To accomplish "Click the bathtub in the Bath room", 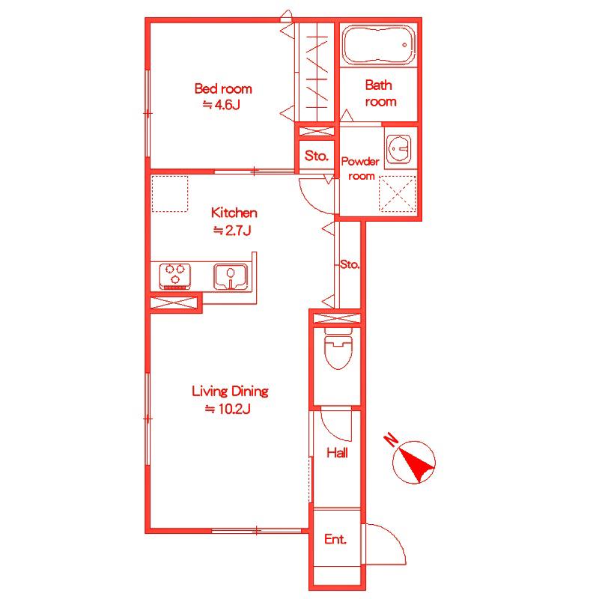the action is pyautogui.click(x=379, y=45).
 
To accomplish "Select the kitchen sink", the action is pyautogui.click(x=231, y=276).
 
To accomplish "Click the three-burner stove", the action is pyautogui.click(x=175, y=276).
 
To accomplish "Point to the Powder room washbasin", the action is pyautogui.click(x=398, y=149).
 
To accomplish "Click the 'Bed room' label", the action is pyautogui.click(x=223, y=88).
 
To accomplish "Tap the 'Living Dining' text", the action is pyautogui.click(x=230, y=391).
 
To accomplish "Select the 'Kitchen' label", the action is pyautogui.click(x=234, y=213).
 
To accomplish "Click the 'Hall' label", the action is pyautogui.click(x=338, y=453).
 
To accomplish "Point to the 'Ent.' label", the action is pyautogui.click(x=335, y=539).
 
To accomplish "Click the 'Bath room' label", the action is pyautogui.click(x=380, y=93).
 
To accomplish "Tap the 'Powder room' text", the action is pyautogui.click(x=360, y=168).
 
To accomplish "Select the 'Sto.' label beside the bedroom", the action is pyautogui.click(x=317, y=156).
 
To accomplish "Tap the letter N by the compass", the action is pyautogui.click(x=391, y=440).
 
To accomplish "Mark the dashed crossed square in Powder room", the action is pyautogui.click(x=398, y=194).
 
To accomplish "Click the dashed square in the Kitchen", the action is pyautogui.click(x=170, y=194).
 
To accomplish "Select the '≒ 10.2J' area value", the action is pyautogui.click(x=228, y=409).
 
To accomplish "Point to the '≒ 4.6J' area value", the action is pyautogui.click(x=222, y=104).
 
